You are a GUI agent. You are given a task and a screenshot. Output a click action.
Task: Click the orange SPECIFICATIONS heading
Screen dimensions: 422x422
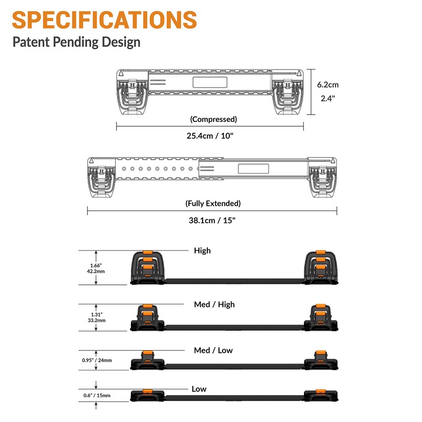(x=104, y=20)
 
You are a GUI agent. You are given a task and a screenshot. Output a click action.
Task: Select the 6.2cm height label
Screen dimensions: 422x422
(x=328, y=84)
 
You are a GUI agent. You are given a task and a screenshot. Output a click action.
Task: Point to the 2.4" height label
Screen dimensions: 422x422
(x=328, y=98)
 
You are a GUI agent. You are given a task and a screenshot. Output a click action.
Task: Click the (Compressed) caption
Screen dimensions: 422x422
(x=214, y=119)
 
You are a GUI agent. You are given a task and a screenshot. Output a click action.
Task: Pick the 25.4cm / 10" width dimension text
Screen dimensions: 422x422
(x=210, y=136)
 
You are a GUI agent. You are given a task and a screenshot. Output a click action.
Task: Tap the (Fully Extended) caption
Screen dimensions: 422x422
(x=213, y=203)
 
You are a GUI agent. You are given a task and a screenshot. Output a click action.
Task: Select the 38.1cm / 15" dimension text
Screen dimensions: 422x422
(x=212, y=220)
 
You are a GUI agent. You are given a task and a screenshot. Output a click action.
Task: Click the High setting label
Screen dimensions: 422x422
(x=203, y=251)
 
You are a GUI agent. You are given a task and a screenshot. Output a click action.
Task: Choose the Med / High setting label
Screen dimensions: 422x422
(x=214, y=304)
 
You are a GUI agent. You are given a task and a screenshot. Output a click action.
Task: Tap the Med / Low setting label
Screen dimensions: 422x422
(x=213, y=350)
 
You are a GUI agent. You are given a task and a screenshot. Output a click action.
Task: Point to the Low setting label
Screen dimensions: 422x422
(x=199, y=389)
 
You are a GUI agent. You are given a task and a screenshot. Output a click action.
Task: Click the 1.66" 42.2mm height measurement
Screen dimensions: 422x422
(x=96, y=268)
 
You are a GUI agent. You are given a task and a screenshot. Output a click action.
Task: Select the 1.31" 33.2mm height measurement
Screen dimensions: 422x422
(x=97, y=318)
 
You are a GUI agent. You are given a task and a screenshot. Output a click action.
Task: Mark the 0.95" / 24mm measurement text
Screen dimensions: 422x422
(x=97, y=360)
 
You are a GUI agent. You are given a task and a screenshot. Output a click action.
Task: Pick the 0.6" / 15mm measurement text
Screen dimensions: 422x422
(x=97, y=395)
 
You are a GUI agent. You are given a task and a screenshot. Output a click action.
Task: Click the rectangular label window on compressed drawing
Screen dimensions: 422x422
(x=210, y=82)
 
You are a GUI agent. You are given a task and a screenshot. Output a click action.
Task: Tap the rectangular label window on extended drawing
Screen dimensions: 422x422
(x=254, y=169)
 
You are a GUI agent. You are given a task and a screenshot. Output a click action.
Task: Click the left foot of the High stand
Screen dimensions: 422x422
(x=147, y=267)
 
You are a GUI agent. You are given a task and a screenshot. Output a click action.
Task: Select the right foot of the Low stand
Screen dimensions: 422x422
(x=321, y=395)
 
